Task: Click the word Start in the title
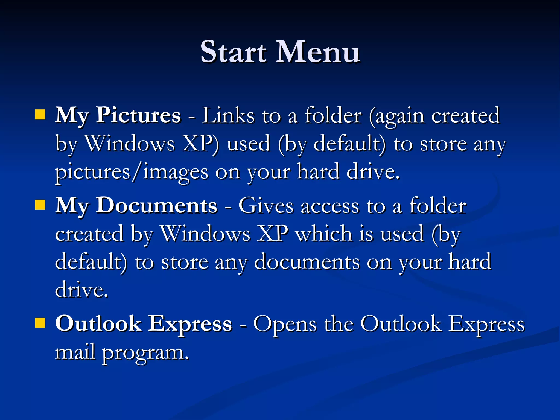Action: [x=233, y=52]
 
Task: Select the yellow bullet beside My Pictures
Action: [x=40, y=115]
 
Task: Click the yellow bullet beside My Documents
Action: [x=40, y=205]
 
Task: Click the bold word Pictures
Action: [x=138, y=115]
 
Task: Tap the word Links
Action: [x=228, y=115]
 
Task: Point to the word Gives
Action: [x=266, y=205]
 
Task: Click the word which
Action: [x=324, y=234]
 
